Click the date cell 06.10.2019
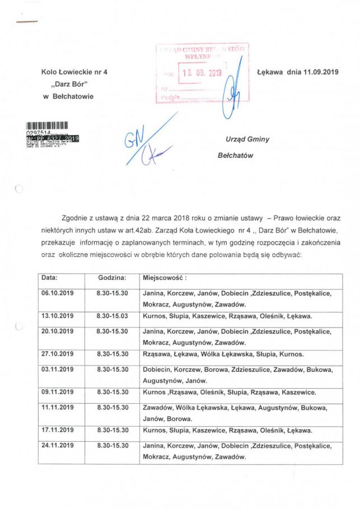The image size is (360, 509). [58, 293]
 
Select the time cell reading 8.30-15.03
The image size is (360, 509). [112, 316]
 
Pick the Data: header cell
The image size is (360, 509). [50, 277]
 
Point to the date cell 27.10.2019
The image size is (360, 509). [58, 354]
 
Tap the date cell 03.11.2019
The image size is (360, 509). [58, 369]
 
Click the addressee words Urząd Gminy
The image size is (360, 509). [247, 139]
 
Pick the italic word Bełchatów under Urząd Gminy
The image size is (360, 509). [235, 155]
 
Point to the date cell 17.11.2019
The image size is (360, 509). [58, 430]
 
